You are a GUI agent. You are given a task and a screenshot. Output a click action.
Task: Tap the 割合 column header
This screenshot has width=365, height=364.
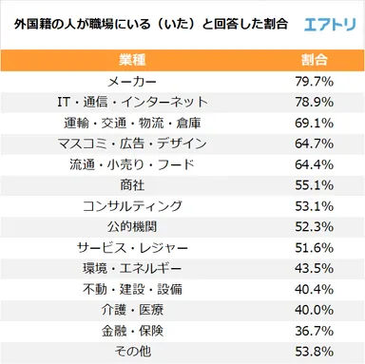click(x=314, y=59)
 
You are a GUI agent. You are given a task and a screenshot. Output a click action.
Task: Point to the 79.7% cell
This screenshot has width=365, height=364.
click(x=314, y=81)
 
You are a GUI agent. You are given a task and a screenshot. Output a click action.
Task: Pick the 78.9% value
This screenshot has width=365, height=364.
click(x=314, y=102)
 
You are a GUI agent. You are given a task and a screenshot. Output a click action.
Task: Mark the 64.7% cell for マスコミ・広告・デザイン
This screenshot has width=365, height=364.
click(x=314, y=144)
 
